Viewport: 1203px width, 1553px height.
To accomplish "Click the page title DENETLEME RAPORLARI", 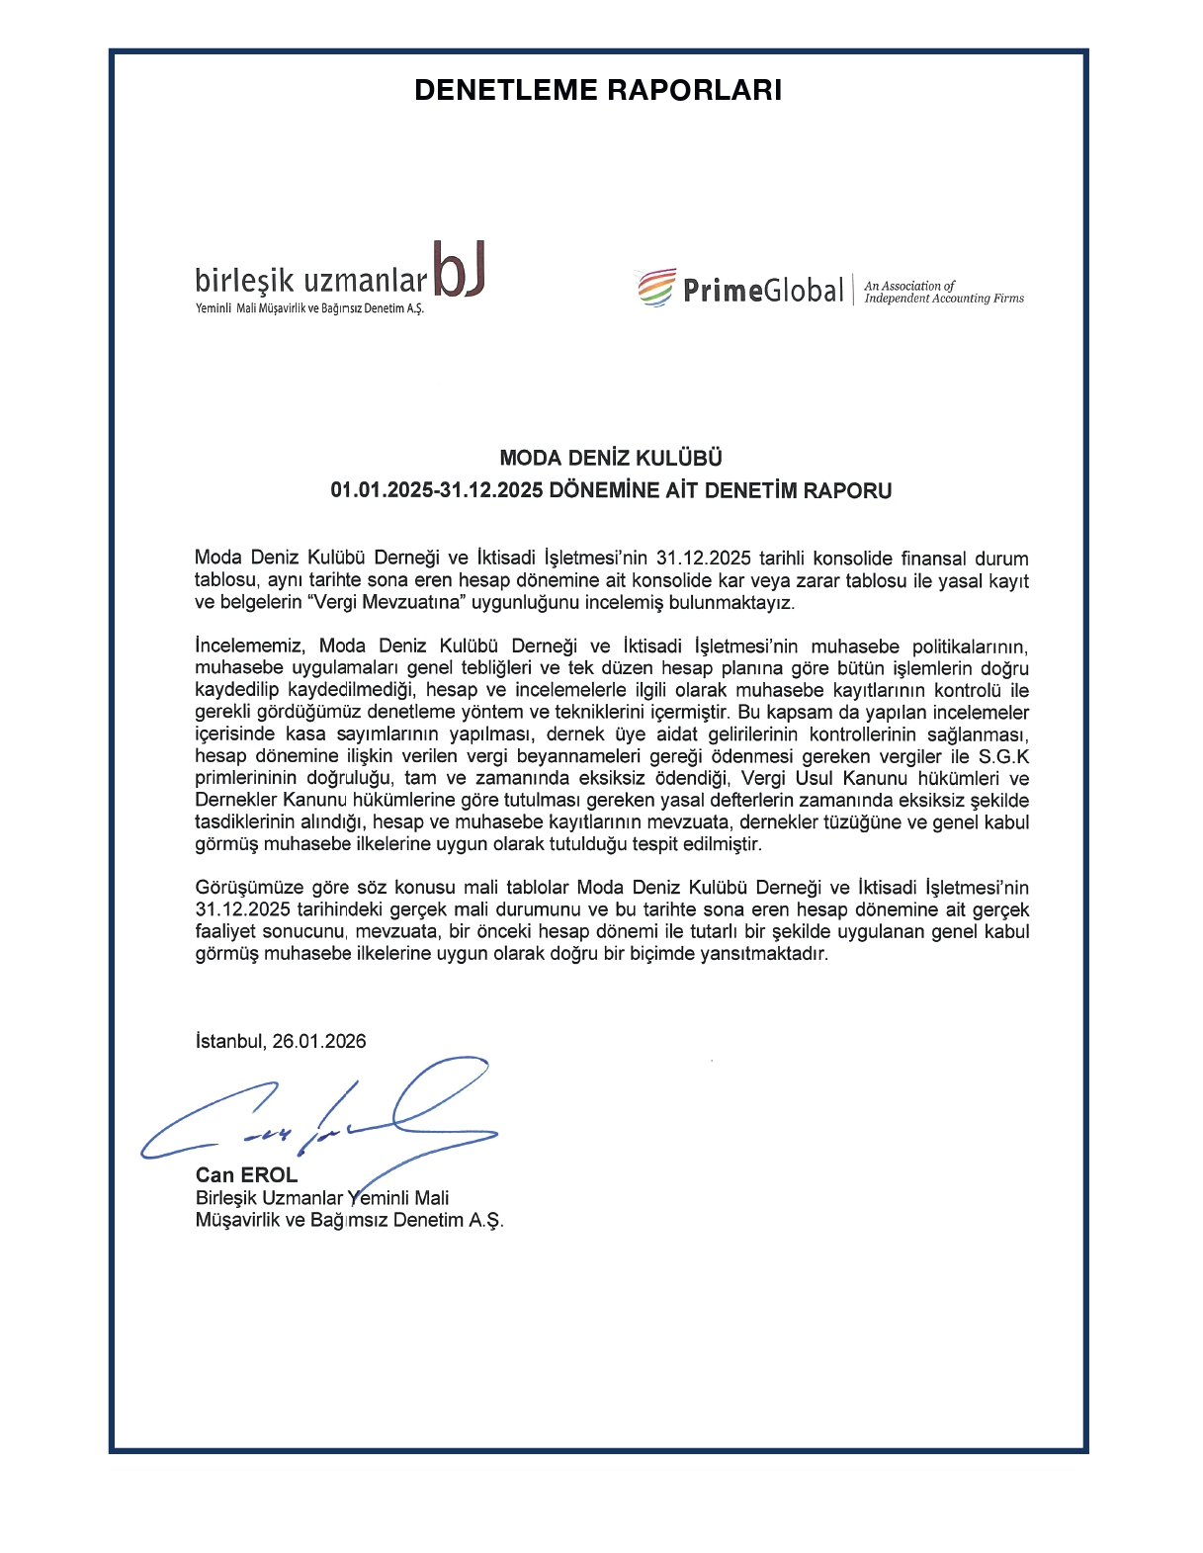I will click(598, 90).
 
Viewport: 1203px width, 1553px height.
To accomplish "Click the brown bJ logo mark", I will click(460, 270).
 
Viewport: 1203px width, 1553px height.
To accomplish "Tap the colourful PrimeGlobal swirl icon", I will click(656, 288).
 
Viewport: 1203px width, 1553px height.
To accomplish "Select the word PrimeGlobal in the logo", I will click(762, 291).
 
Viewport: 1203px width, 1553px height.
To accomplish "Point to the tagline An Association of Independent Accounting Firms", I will click(943, 292).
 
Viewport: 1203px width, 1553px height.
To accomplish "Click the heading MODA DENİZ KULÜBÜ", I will click(611, 458).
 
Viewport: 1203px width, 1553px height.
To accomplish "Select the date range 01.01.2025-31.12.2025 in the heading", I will click(437, 490).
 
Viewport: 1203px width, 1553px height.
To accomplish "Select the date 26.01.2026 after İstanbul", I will click(319, 1041).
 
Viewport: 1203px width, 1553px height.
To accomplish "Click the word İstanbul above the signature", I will click(230, 1041).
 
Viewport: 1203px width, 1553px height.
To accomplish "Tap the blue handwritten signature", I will click(326, 1115).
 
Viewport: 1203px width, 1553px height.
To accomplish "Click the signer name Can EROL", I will click(246, 1174).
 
